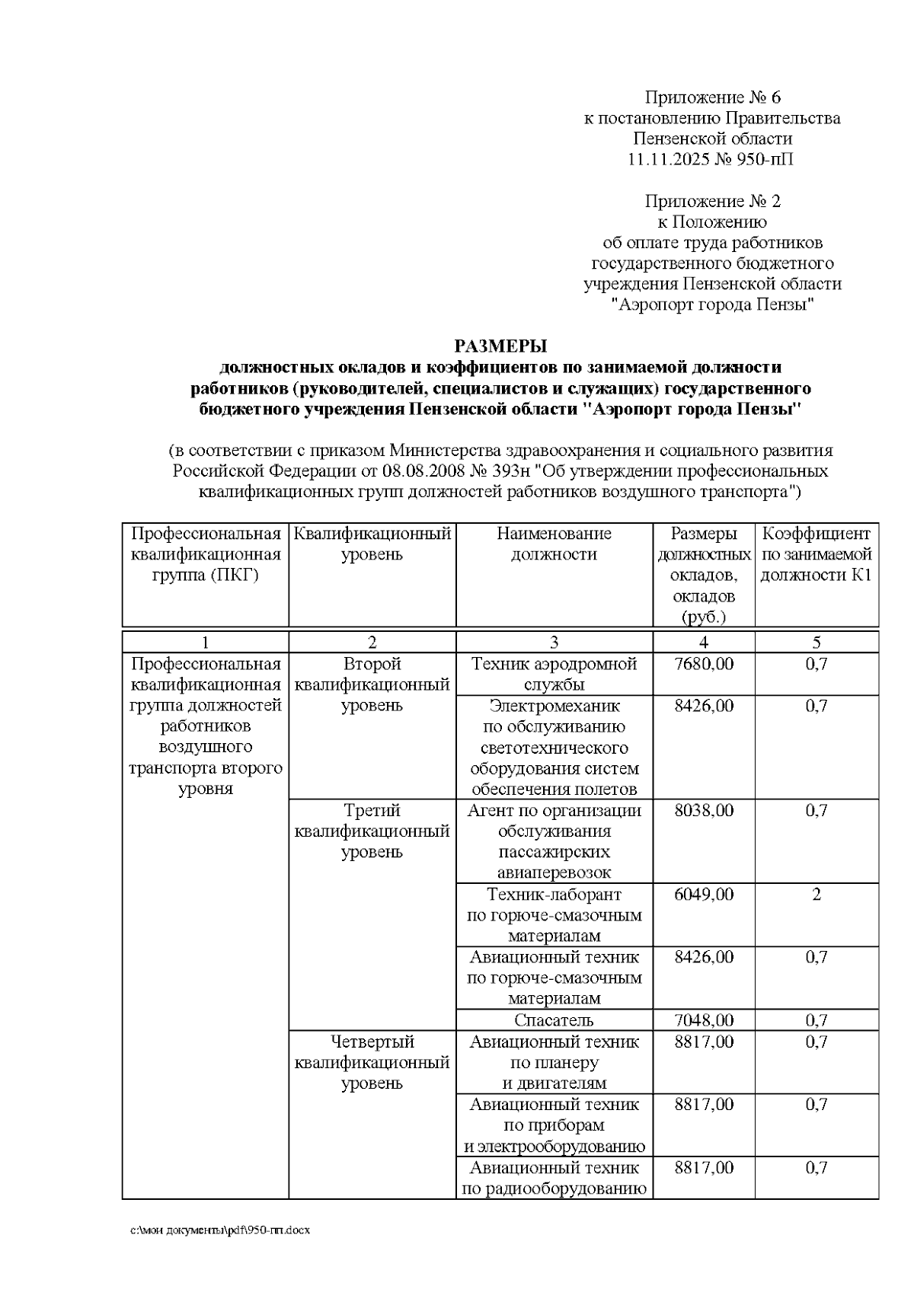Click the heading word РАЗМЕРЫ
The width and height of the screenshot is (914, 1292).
tap(500, 346)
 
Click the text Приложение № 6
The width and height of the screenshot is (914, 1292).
tap(713, 97)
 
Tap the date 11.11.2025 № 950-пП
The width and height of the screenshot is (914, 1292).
tap(713, 160)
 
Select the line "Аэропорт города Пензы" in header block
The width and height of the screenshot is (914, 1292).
tap(713, 305)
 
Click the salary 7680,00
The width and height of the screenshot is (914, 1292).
tap(704, 664)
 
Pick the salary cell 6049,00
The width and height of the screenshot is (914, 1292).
tap(704, 895)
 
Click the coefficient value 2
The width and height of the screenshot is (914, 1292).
tap(817, 895)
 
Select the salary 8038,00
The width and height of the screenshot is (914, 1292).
tap(704, 811)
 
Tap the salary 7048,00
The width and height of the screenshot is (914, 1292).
tap(704, 1020)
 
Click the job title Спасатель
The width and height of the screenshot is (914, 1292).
tap(554, 1020)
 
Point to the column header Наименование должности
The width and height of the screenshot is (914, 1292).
tap(554, 544)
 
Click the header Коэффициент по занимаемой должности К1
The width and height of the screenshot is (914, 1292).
tap(817, 554)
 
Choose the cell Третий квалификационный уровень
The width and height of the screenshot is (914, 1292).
tap(372, 831)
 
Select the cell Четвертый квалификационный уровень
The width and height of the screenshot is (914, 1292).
tap(372, 1062)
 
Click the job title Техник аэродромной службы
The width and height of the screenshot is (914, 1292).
tap(554, 674)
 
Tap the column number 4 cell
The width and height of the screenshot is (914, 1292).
tap(704, 642)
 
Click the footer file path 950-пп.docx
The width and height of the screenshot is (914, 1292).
tap(221, 1230)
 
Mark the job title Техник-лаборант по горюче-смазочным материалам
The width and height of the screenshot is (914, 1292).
tap(554, 915)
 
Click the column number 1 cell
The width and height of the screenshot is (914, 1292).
tap(205, 642)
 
